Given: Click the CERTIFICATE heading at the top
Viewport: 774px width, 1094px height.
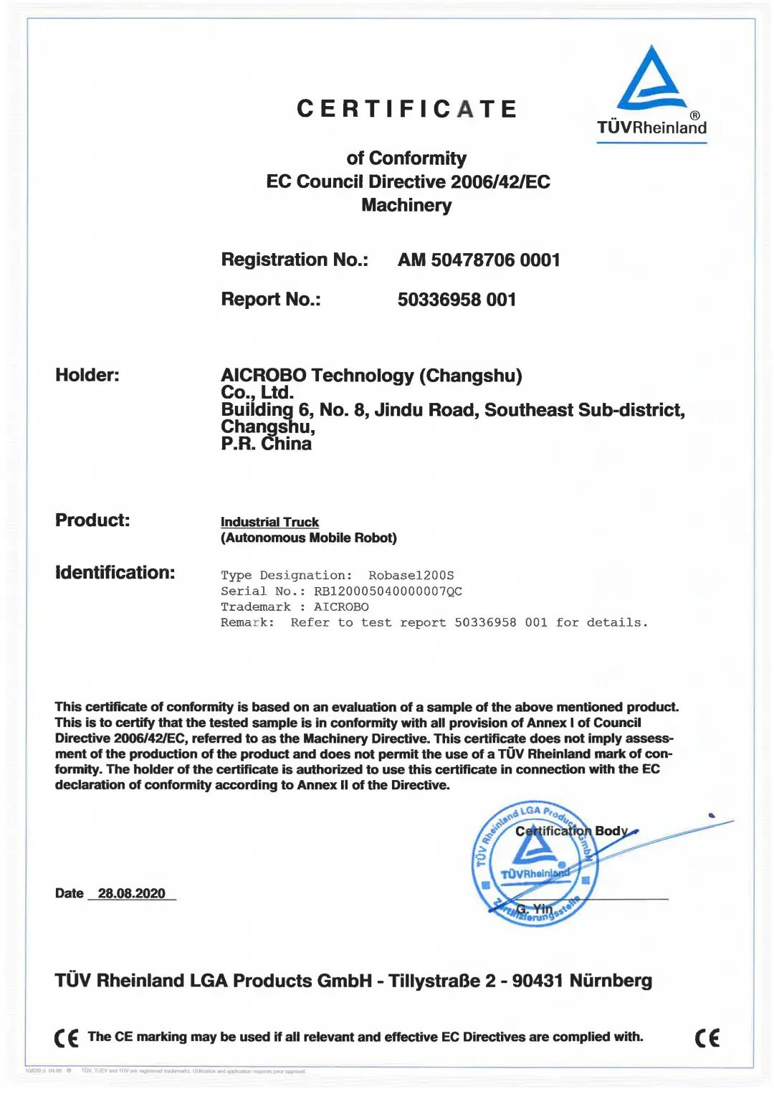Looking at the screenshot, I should (406, 109).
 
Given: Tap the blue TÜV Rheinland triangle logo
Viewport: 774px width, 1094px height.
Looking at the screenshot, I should (651, 78).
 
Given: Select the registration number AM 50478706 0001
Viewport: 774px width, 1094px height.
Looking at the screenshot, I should (479, 260).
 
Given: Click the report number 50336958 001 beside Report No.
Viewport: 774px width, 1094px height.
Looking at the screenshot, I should (457, 300).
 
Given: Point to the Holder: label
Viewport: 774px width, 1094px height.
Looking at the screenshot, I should (87, 375).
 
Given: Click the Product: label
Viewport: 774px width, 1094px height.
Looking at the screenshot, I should (92, 520).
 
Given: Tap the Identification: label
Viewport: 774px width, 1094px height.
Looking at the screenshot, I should (115, 573).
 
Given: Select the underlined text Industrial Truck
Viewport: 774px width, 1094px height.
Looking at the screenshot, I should (269, 522).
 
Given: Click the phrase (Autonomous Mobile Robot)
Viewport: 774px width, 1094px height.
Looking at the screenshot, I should (308, 538).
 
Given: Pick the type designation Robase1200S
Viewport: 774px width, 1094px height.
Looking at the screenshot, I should (411, 576).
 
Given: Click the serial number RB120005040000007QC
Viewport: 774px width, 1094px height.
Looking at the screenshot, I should (388, 591).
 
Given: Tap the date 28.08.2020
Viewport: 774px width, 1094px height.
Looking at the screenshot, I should (131, 893).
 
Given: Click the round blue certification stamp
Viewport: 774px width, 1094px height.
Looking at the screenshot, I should (534, 863).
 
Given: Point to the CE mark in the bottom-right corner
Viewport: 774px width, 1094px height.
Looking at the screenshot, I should (707, 1037).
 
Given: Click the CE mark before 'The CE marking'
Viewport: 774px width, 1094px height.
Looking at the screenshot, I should (67, 1038).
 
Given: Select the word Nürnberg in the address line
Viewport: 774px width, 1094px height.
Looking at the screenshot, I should (611, 981).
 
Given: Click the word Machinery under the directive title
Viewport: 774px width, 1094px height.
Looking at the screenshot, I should (406, 205).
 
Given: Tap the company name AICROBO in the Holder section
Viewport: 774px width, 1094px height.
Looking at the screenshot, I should (263, 376).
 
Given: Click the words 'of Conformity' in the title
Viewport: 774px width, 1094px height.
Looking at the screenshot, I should (406, 158).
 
